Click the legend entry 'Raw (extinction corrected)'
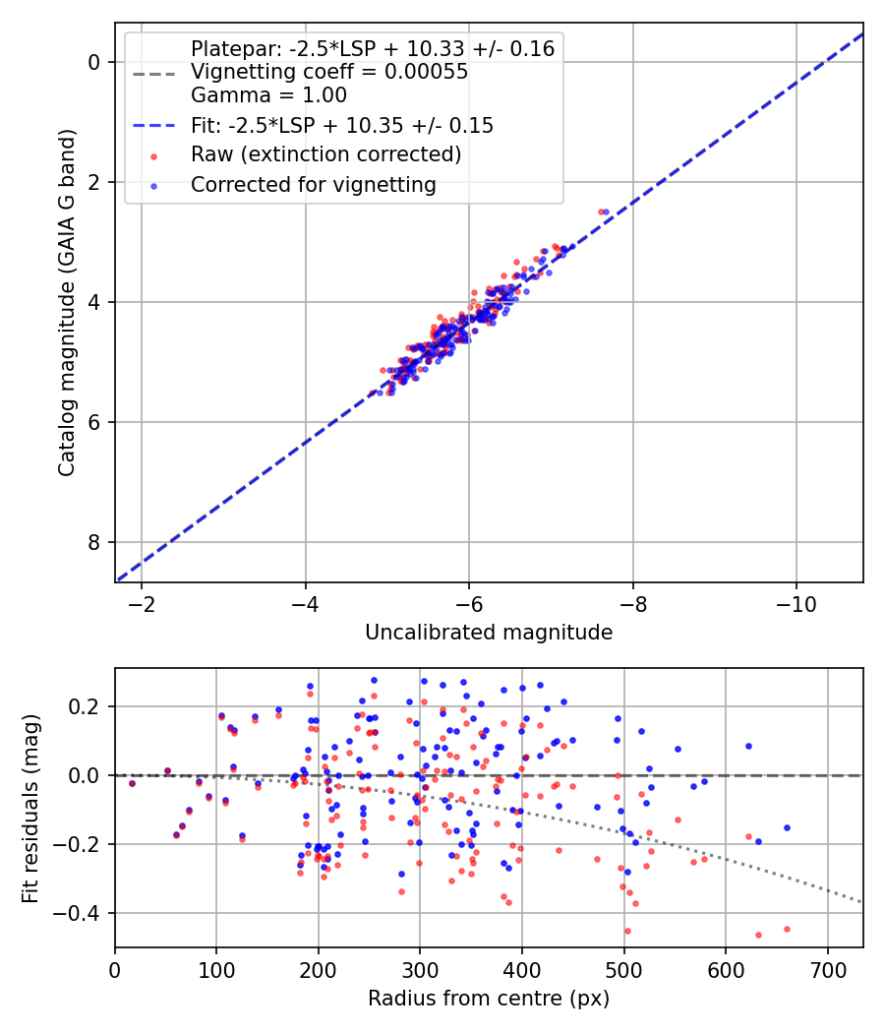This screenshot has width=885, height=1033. (325, 154)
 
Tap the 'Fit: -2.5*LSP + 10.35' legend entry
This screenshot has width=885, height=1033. (341, 125)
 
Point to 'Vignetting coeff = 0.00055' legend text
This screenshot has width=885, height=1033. (328, 72)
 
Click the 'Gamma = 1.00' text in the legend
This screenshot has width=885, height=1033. (268, 95)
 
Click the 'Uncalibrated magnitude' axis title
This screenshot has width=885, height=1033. (489, 633)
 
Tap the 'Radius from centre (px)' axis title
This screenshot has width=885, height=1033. (489, 999)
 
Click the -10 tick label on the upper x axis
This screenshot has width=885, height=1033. (796, 602)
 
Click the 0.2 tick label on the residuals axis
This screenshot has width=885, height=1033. (89, 706)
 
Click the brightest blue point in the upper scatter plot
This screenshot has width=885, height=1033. (606, 212)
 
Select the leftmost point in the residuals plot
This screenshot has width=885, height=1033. (132, 783)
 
